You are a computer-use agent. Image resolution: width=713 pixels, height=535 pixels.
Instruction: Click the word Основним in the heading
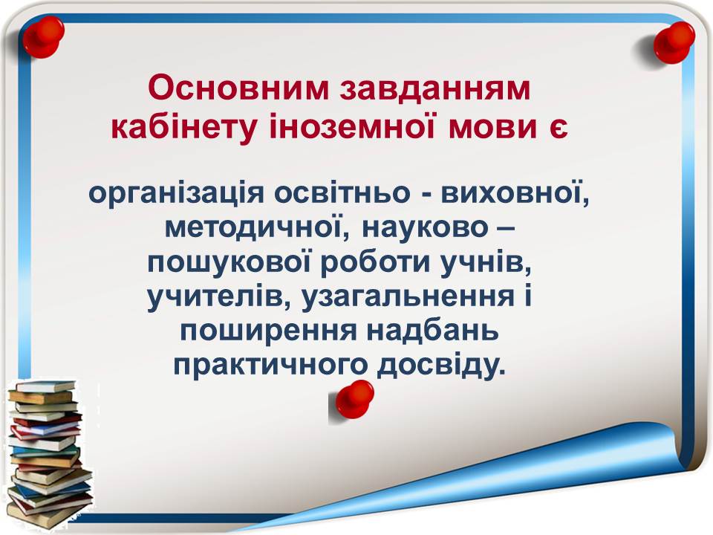click(238, 88)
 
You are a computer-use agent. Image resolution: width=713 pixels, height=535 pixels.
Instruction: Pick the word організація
click(177, 194)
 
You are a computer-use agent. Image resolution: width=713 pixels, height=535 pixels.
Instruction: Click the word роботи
click(375, 262)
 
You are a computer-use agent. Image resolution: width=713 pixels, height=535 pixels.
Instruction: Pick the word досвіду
click(440, 366)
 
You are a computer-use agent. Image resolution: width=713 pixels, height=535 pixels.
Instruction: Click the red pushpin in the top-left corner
click(43, 36)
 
